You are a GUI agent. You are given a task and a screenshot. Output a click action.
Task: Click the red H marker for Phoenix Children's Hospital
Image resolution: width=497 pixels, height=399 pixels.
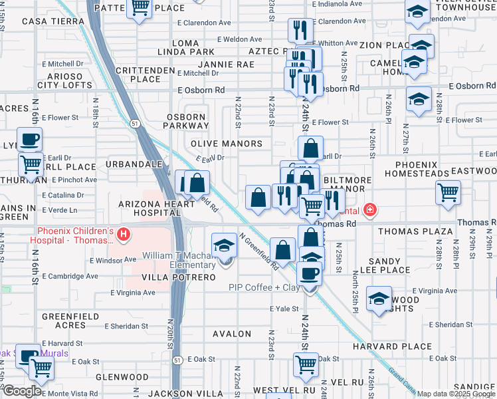point(122,234)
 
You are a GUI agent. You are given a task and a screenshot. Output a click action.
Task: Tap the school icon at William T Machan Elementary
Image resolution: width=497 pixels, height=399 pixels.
point(225,245)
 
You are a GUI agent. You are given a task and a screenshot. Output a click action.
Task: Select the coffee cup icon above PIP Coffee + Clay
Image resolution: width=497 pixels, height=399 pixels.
point(309,273)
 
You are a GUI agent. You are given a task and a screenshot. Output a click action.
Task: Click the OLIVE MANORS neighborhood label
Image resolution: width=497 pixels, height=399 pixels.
point(227,144)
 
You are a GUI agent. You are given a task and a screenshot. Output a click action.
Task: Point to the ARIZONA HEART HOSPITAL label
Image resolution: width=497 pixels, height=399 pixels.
point(150,208)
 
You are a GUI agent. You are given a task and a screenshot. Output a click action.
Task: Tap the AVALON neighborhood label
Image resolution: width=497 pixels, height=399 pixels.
point(232,334)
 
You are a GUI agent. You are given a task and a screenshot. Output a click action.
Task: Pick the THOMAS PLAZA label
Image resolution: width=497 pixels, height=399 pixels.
point(415,231)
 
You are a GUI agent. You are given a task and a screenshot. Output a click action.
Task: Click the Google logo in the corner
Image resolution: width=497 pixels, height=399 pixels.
point(21,391)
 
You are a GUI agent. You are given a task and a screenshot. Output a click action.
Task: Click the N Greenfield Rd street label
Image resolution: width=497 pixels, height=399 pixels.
point(258,252)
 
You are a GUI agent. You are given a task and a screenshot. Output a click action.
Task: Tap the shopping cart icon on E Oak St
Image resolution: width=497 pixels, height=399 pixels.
point(305,364)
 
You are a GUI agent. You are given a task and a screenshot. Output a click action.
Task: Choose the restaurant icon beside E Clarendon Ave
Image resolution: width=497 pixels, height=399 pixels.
point(300,30)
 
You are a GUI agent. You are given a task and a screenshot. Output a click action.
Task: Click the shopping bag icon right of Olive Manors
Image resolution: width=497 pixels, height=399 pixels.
point(310,149)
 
